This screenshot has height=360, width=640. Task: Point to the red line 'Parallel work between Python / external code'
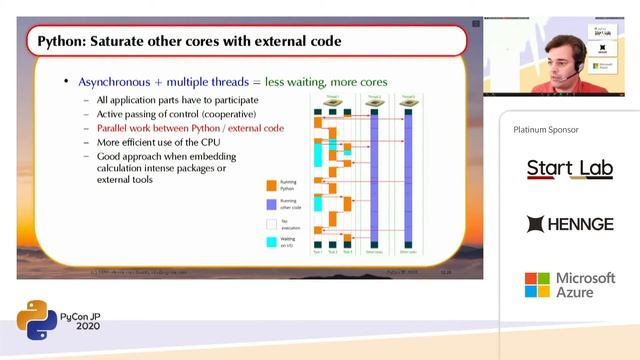[190, 128]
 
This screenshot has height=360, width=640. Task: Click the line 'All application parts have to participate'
[177, 100]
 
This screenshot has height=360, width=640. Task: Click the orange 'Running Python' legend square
[270, 185]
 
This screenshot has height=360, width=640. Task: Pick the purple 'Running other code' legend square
[270, 205]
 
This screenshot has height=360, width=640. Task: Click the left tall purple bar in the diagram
[374, 176]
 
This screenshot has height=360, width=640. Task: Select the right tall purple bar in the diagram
[407, 176]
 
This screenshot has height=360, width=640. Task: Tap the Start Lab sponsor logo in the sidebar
[570, 169]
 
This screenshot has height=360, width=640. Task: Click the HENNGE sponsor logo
[570, 224]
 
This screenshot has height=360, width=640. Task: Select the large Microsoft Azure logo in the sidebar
[570, 284]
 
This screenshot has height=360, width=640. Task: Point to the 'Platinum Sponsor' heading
[546, 130]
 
